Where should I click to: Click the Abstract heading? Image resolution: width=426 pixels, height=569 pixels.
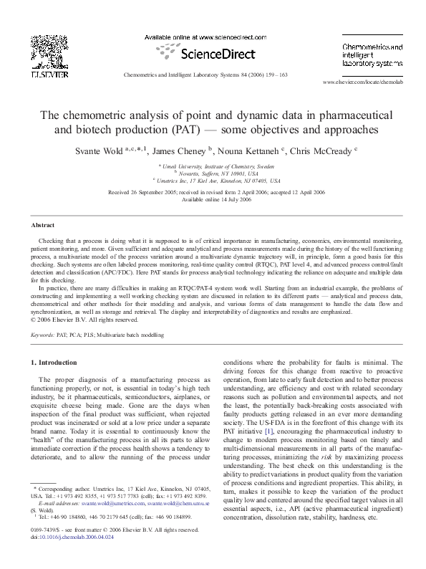(44, 225)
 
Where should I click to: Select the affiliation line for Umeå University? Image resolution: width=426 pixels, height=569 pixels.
(213, 166)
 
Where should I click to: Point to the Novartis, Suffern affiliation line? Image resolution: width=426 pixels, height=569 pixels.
(213, 173)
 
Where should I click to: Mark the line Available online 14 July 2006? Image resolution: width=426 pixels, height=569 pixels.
(213, 200)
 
